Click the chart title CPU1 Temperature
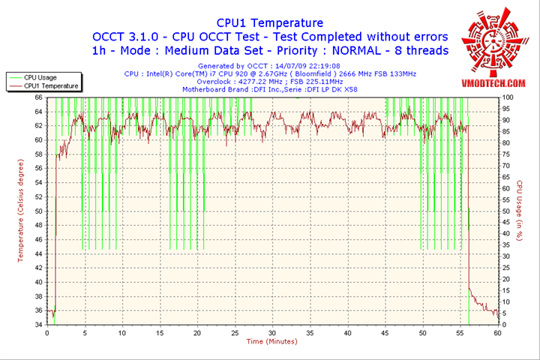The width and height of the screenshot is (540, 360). click(x=269, y=23)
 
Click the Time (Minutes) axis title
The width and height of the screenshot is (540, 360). click(x=271, y=342)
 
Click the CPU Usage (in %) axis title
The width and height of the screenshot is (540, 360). click(x=520, y=211)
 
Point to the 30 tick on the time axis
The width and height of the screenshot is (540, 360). click(x=271, y=332)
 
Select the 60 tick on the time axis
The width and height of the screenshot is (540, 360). click(x=496, y=332)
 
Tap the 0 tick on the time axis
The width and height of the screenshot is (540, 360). click(x=47, y=332)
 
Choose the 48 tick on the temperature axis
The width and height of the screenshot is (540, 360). click(x=38, y=224)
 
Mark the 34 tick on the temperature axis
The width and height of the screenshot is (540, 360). click(x=38, y=325)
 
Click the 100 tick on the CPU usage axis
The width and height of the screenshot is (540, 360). click(x=508, y=97)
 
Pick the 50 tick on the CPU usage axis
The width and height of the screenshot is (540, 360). click(x=506, y=211)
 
